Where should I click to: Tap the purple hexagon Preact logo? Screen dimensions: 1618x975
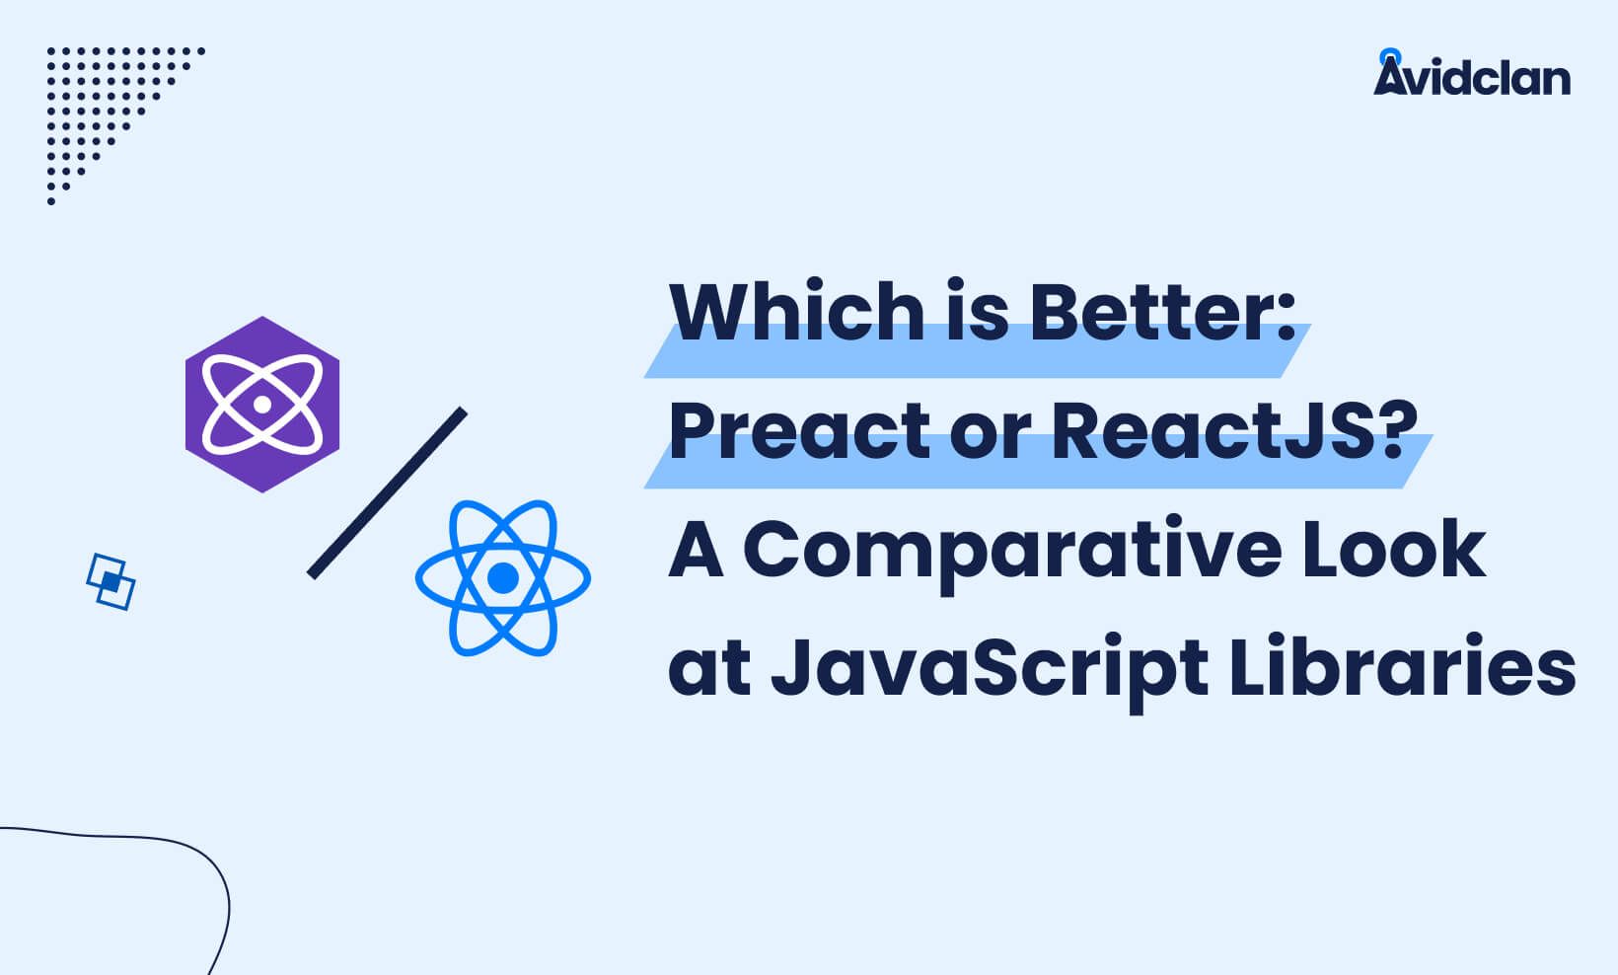pos(262,405)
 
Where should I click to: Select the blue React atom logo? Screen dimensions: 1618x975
pos(503,578)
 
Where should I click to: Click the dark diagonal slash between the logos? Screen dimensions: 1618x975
pos(387,492)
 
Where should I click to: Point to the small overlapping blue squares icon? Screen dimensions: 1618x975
pos(110,582)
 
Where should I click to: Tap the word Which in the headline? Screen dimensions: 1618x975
pos(797,311)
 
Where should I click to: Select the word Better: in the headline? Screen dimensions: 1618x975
pos(1162,311)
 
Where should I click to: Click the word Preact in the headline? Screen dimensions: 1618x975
pos(799,431)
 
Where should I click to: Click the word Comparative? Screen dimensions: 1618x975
pos(1012,553)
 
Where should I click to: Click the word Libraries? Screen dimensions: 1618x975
pos(1402,665)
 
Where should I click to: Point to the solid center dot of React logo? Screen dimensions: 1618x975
pos(503,578)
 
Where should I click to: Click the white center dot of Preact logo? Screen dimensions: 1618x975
pos(262,405)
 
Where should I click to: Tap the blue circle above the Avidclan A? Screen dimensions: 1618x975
pos(1390,57)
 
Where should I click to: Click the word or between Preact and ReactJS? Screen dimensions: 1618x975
pos(991,438)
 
